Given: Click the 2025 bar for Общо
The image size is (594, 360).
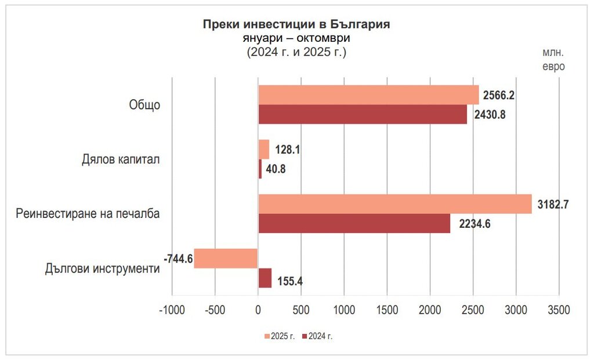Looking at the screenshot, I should click(368, 94).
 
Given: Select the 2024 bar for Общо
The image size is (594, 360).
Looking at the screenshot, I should click(363, 114).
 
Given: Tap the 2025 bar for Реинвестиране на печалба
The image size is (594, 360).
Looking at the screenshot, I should click(394, 204).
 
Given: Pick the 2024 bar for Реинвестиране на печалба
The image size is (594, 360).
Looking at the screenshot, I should click(354, 223).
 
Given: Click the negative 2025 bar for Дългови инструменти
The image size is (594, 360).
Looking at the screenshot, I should click(226, 259).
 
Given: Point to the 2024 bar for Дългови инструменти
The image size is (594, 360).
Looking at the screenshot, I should click(265, 278).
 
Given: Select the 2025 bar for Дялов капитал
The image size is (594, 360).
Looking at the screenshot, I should click(263, 150).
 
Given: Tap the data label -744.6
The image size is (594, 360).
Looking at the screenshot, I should click(178, 259).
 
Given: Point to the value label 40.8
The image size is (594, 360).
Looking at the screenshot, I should click(276, 169).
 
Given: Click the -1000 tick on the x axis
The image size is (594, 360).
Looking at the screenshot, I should click(172, 310).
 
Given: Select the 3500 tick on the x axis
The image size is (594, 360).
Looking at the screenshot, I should click(558, 310).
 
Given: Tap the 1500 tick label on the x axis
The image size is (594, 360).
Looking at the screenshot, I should click(386, 310).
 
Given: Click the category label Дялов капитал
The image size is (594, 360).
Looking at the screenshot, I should click(121, 159).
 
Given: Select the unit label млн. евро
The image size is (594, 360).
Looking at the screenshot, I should click(553, 59).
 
